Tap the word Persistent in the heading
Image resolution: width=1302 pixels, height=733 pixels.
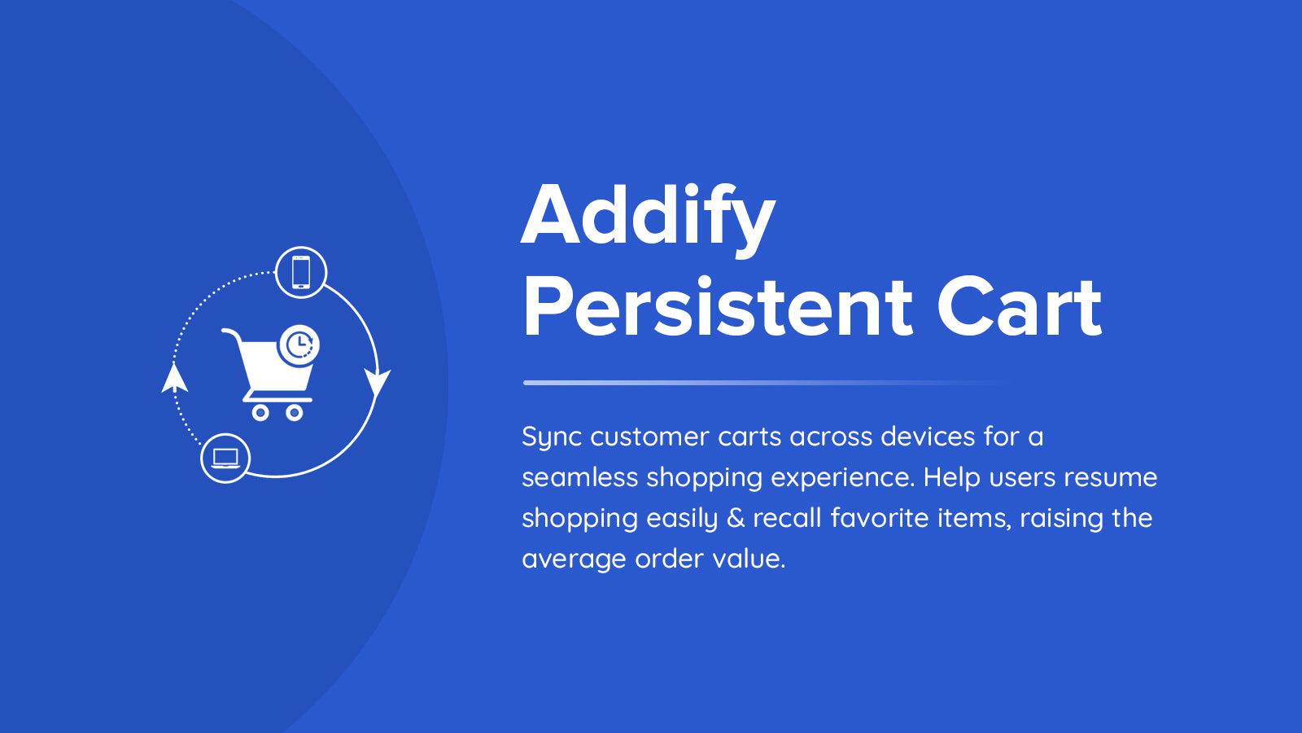pyautogui.click(x=716, y=309)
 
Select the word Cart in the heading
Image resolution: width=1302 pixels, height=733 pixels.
pyautogui.click(x=1019, y=309)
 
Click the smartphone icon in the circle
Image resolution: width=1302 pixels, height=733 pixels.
pyautogui.click(x=301, y=272)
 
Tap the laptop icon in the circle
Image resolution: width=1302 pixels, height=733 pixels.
pyautogui.click(x=225, y=458)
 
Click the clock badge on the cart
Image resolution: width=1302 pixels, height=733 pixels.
pyautogui.click(x=299, y=345)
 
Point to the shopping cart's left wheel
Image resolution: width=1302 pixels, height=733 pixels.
pyautogui.click(x=260, y=412)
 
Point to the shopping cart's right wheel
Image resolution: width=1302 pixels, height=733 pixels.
pyautogui.click(x=294, y=412)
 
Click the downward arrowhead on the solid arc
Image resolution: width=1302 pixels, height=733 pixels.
pyautogui.click(x=377, y=383)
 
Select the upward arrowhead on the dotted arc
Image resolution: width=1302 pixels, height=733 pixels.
pyautogui.click(x=173, y=379)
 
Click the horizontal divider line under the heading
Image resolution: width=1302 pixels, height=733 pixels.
pyautogui.click(x=765, y=382)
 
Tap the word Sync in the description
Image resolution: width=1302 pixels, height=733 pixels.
pyautogui.click(x=552, y=437)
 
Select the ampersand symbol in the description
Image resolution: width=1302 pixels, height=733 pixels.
pyautogui.click(x=735, y=518)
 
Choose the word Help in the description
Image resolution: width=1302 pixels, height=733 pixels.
pyautogui.click(x=952, y=477)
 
